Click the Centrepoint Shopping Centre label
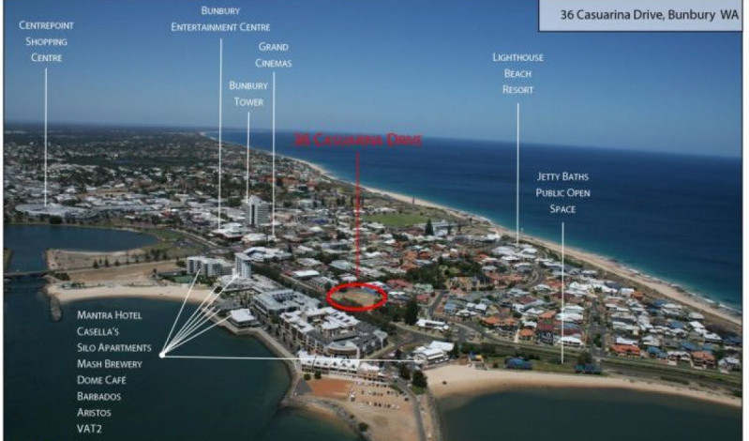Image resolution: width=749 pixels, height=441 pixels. click(46, 41)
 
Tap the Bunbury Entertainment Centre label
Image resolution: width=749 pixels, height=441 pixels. click(220, 19)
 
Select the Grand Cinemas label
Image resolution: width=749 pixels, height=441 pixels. click(274, 54)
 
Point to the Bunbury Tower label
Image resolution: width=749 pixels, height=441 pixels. click(248, 93)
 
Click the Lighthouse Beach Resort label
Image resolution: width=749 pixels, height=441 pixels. click(518, 73)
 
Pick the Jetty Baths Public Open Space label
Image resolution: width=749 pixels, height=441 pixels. click(562, 192)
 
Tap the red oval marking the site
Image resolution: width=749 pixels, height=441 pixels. click(357, 297)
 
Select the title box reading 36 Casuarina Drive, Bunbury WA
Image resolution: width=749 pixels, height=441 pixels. click(638, 15)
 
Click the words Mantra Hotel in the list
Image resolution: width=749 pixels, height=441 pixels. click(110, 315)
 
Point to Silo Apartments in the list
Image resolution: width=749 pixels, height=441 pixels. click(114, 348)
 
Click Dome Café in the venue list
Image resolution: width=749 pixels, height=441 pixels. click(102, 380)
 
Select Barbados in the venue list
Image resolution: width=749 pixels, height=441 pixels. click(100, 396)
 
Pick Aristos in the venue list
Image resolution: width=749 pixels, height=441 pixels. click(97, 412)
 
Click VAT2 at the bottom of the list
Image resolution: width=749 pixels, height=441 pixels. click(91, 429)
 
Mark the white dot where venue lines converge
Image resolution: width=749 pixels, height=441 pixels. click(162, 355)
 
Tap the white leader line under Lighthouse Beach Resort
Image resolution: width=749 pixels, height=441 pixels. click(517, 169)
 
